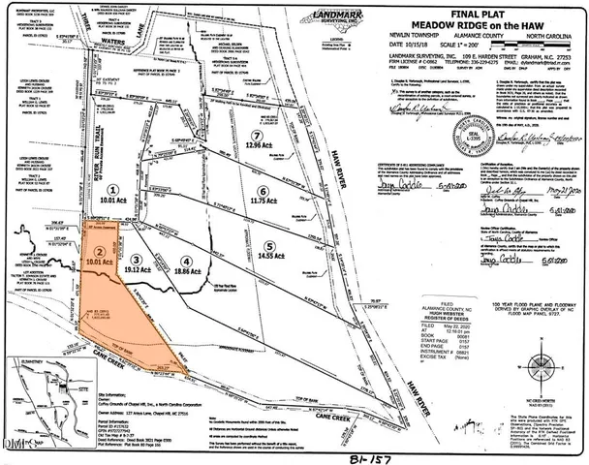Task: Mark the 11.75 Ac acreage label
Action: click(262, 201)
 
